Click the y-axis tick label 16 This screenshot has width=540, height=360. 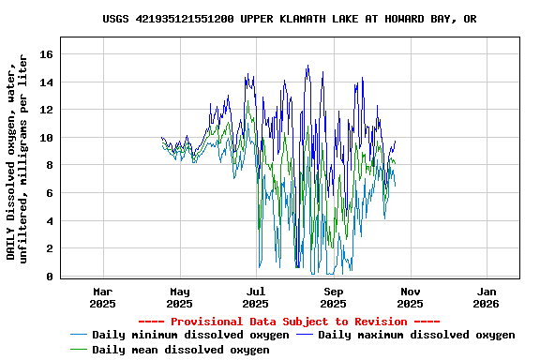pyautogui.click(x=45, y=54)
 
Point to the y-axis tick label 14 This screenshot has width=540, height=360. pyautogui.click(x=45, y=82)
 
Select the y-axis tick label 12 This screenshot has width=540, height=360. pyautogui.click(x=45, y=110)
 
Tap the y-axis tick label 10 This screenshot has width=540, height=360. pyautogui.click(x=45, y=138)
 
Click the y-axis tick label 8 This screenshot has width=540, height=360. pyautogui.click(x=48, y=166)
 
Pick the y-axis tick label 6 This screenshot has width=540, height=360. pyautogui.click(x=48, y=193)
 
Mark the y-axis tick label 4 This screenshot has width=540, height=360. pyautogui.click(x=48, y=221)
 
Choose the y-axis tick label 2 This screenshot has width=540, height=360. pyautogui.click(x=48, y=249)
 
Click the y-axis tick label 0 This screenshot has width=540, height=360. pyautogui.click(x=48, y=277)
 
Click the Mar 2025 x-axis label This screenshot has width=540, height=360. pyautogui.click(x=102, y=297)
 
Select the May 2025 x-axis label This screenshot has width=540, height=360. pyautogui.click(x=179, y=297)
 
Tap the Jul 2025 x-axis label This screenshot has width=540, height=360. pyautogui.click(x=256, y=297)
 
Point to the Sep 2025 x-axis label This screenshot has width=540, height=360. pyautogui.click(x=333, y=297)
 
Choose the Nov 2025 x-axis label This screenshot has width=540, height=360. pyautogui.click(x=410, y=297)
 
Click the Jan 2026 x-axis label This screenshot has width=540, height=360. pyautogui.click(x=487, y=297)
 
